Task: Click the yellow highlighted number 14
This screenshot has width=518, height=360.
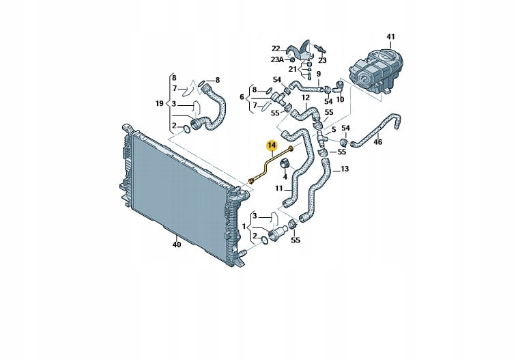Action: pyautogui.click(x=272, y=145)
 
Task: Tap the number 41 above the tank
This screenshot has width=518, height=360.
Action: pyautogui.click(x=390, y=36)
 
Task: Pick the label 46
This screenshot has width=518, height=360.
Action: pyautogui.click(x=377, y=142)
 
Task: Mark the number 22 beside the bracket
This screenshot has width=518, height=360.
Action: pyautogui.click(x=276, y=49)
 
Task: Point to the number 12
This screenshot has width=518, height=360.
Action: pyautogui.click(x=306, y=98)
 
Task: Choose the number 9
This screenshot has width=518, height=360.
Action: pyautogui.click(x=318, y=73)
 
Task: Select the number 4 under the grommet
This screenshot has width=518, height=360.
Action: pyautogui.click(x=285, y=176)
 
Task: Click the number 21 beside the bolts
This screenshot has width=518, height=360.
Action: pyautogui.click(x=292, y=70)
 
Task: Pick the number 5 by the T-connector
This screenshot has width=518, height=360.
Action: pyautogui.click(x=334, y=128)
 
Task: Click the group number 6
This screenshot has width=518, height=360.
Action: pyautogui.click(x=242, y=98)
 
